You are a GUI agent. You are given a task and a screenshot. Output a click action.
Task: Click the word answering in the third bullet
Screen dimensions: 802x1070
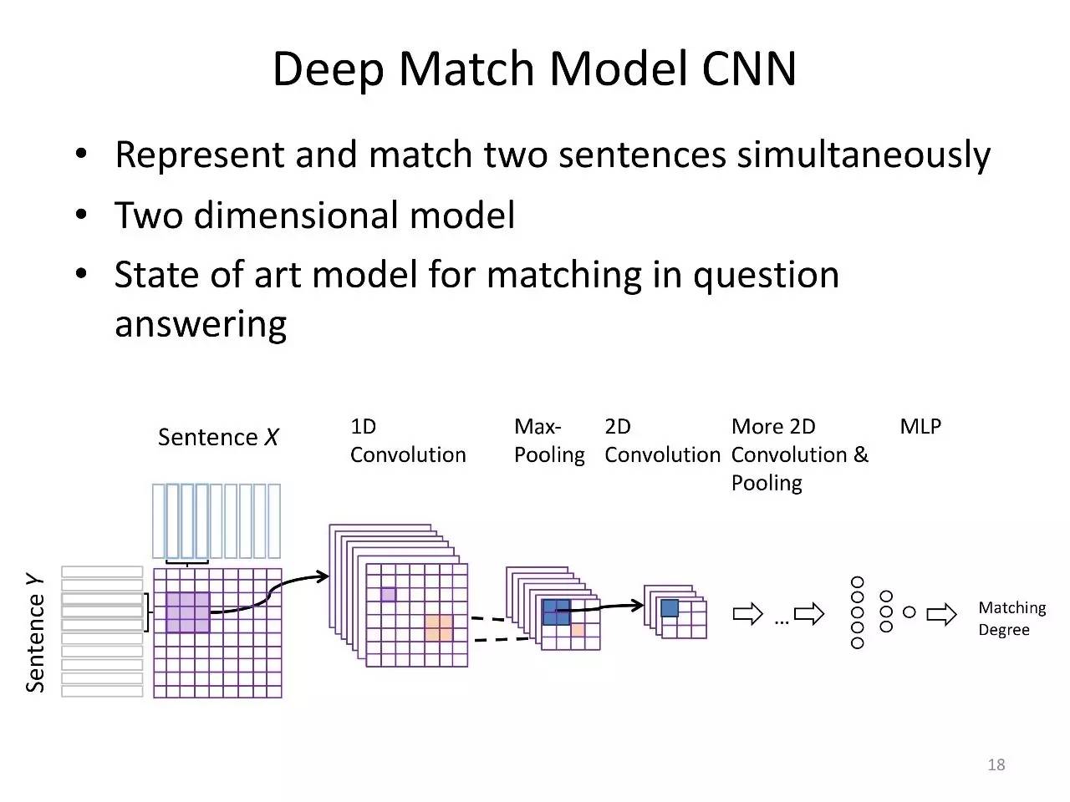pyautogui.click(x=201, y=324)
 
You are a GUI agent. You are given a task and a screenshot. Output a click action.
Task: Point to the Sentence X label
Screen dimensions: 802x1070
pyautogui.click(x=218, y=437)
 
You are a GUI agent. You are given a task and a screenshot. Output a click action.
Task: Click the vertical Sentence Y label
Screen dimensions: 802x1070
pyautogui.click(x=35, y=632)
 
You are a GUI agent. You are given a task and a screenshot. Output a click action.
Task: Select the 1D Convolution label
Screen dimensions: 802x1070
pyautogui.click(x=407, y=440)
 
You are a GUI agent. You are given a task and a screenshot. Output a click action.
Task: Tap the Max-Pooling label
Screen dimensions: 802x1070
pyautogui.click(x=549, y=440)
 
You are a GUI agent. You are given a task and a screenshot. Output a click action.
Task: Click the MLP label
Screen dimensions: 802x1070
pyautogui.click(x=920, y=426)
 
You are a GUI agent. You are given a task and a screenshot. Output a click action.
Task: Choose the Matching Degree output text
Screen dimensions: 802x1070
pyautogui.click(x=1011, y=618)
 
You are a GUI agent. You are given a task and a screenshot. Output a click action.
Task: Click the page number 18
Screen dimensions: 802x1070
pyautogui.click(x=996, y=764)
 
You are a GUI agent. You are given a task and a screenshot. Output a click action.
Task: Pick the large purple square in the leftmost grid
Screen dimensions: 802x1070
pyautogui.click(x=188, y=612)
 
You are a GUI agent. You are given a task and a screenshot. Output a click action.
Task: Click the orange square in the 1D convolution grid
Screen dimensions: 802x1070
pyautogui.click(x=438, y=627)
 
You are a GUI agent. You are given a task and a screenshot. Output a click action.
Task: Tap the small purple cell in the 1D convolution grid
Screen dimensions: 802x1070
pyautogui.click(x=388, y=594)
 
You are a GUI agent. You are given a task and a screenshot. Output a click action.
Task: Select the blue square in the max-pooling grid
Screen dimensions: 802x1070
pyautogui.click(x=556, y=612)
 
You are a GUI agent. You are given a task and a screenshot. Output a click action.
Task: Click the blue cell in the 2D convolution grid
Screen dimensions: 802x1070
pyautogui.click(x=669, y=608)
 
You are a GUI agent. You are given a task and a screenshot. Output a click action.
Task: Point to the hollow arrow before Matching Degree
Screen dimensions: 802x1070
pyautogui.click(x=941, y=616)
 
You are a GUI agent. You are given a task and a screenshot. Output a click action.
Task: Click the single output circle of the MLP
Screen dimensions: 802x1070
pyautogui.click(x=909, y=612)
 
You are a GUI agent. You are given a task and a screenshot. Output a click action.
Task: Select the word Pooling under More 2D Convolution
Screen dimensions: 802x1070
pyautogui.click(x=767, y=483)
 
